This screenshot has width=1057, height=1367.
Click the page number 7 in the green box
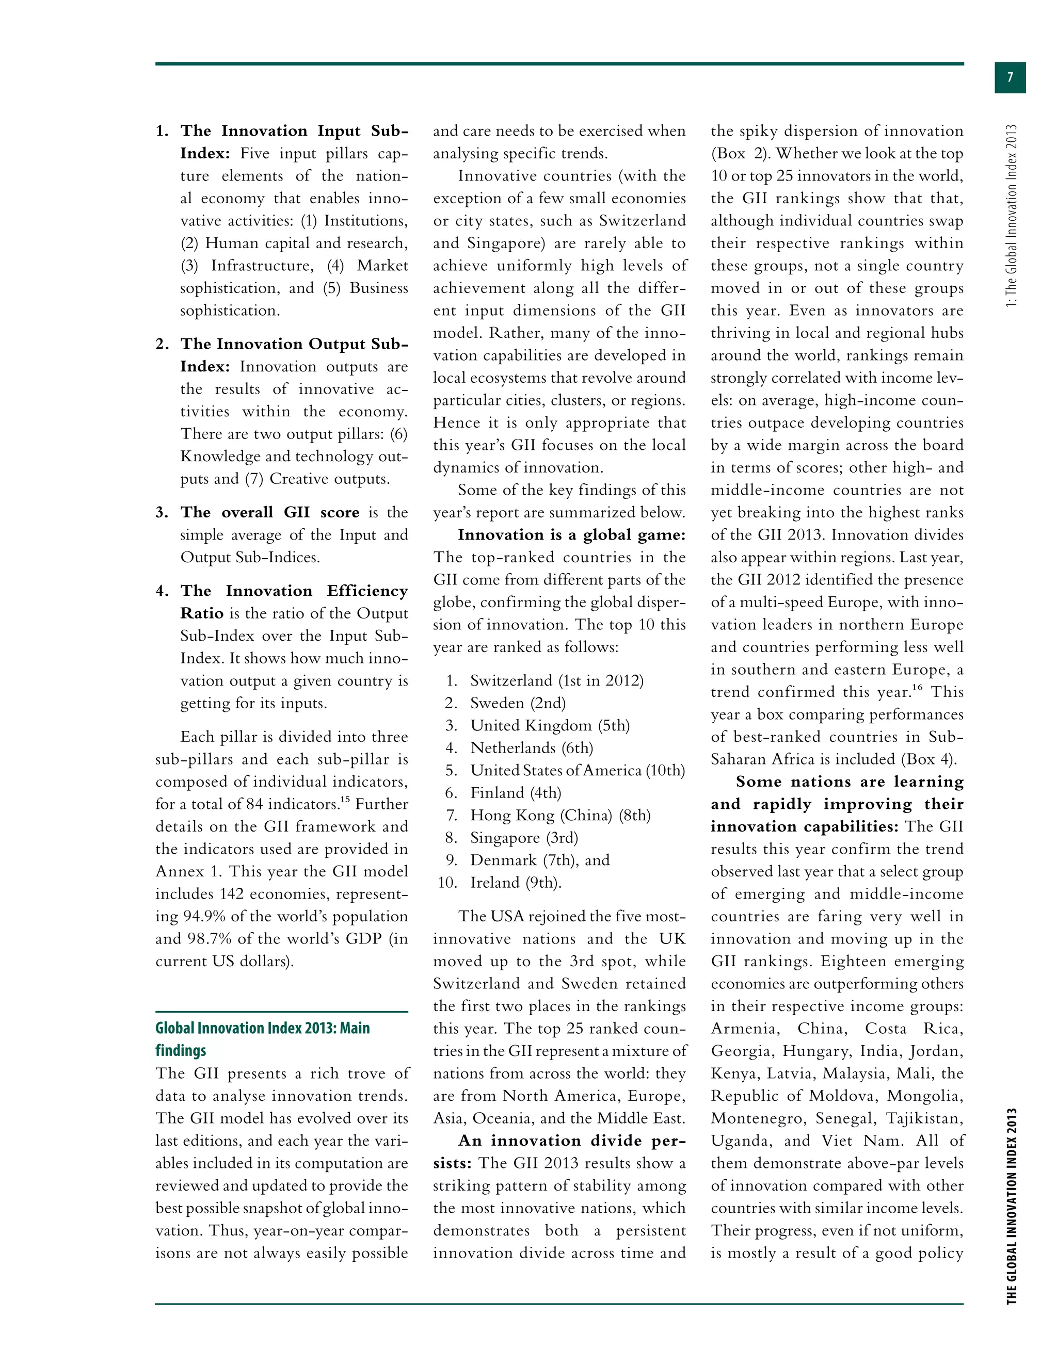click(1010, 77)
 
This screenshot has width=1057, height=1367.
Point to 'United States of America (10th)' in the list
click(578, 771)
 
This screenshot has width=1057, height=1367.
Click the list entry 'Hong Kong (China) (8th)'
click(560, 815)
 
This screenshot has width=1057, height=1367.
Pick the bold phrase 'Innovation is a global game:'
click(571, 535)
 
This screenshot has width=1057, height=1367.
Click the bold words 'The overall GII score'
click(270, 513)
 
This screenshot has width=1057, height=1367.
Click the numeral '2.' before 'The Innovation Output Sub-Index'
click(162, 344)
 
